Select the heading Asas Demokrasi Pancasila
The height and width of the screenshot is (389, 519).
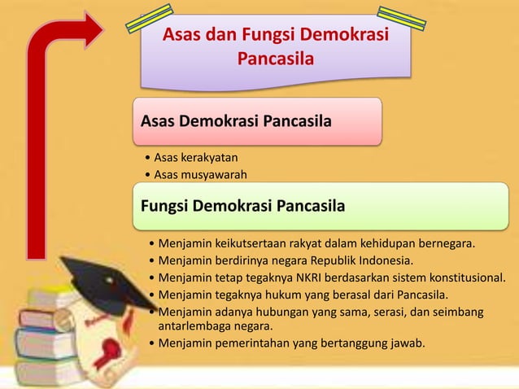click(236, 122)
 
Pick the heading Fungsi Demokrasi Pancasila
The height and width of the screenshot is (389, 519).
click(242, 204)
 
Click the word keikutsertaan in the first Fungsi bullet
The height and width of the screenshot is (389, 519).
click(253, 243)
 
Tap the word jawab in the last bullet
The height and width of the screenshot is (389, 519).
click(407, 343)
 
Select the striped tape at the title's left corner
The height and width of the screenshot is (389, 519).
click(149, 19)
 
